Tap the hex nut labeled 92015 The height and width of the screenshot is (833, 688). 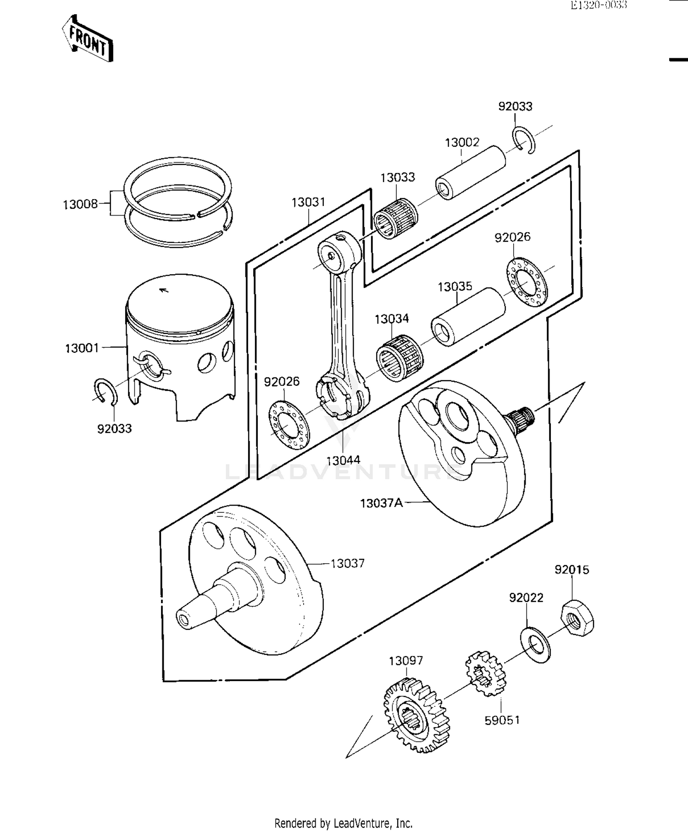tap(577, 619)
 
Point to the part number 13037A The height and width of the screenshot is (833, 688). tap(381, 503)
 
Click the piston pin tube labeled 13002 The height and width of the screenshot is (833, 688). tap(470, 172)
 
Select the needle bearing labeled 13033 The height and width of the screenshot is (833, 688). tap(395, 218)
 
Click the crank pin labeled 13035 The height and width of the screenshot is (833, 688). tap(468, 317)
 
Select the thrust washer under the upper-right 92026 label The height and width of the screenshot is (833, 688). tap(527, 283)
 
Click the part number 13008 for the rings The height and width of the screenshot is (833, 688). tap(80, 204)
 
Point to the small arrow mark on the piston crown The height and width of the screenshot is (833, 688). tap(162, 290)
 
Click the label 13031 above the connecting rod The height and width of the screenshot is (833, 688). tap(308, 202)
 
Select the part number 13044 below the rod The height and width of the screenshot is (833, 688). tap(343, 460)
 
